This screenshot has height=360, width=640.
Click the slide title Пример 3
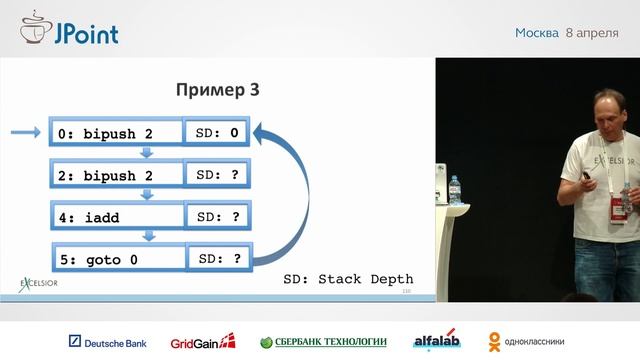pos(218,90)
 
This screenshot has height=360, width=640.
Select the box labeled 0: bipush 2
pos(114,132)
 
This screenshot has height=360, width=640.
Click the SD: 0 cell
pos(218,132)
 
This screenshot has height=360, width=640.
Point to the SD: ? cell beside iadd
pos(218,216)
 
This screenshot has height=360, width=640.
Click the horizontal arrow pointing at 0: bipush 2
pos(24,132)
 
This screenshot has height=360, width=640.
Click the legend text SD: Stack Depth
pos(347,279)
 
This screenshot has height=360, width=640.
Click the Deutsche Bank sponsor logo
pos(107,342)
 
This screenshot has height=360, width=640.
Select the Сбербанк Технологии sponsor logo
pos(323,342)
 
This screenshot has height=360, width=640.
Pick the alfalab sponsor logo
pos(436,342)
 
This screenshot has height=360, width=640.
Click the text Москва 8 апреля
pos(566,33)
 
